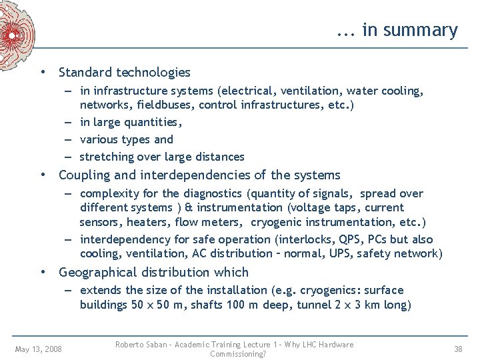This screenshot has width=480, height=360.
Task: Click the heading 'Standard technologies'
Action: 125,73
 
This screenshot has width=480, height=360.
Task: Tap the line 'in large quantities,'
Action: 131,122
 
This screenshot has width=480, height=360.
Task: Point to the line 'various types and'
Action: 126,139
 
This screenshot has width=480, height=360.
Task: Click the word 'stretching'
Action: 106,157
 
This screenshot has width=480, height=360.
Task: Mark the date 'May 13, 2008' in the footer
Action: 38,349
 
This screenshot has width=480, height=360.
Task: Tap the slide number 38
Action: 458,349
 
